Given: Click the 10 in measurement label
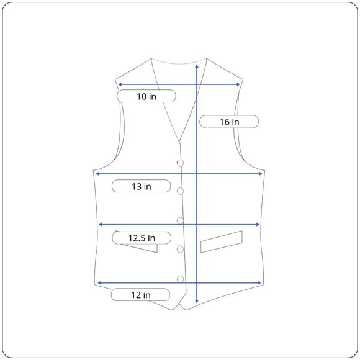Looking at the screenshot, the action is tap(146, 96).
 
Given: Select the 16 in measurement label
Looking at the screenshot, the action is tap(229, 122).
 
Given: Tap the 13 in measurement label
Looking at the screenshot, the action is tap(141, 186).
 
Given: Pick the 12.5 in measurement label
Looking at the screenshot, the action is tap(142, 238).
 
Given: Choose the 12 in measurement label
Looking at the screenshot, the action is tap(140, 295).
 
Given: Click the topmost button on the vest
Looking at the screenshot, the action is tap(180, 163).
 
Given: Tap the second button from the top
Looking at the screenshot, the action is tap(180, 191).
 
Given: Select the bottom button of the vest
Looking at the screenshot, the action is tap(180, 279).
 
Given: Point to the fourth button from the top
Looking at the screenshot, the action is tap(180, 249).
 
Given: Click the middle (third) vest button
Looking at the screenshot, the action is tap(180, 220).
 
